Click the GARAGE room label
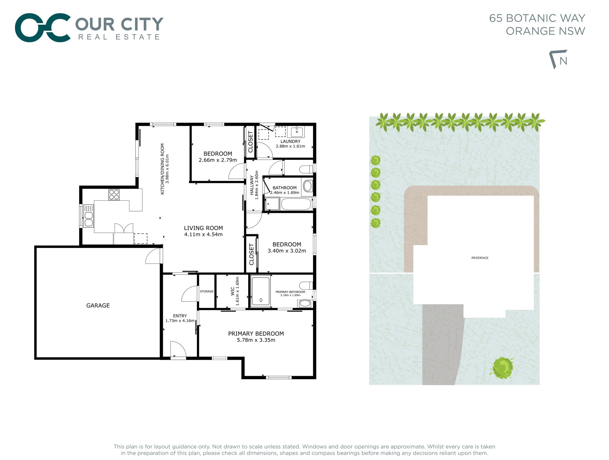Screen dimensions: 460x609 tap(98, 305)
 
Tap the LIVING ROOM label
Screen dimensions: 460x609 tap(203, 228)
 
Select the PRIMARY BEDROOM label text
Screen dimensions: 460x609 tap(256, 334)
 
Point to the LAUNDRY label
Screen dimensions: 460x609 tap(290, 141)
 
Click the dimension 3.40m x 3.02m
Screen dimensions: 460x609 tap(287, 251)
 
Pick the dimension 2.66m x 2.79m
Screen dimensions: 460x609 tap(218, 160)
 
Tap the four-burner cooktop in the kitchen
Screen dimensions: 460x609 tap(114, 195)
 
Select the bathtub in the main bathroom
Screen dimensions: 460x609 tap(296, 204)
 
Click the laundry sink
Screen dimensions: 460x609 tap(297, 132)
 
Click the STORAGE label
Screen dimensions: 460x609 tap(207, 291)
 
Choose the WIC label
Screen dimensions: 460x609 tap(233, 291)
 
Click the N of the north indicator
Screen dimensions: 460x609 tap(563, 61)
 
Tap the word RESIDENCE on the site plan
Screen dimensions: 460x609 tap(480, 258)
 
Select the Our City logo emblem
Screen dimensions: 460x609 tap(43, 28)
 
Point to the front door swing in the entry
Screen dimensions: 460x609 tap(178, 349)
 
